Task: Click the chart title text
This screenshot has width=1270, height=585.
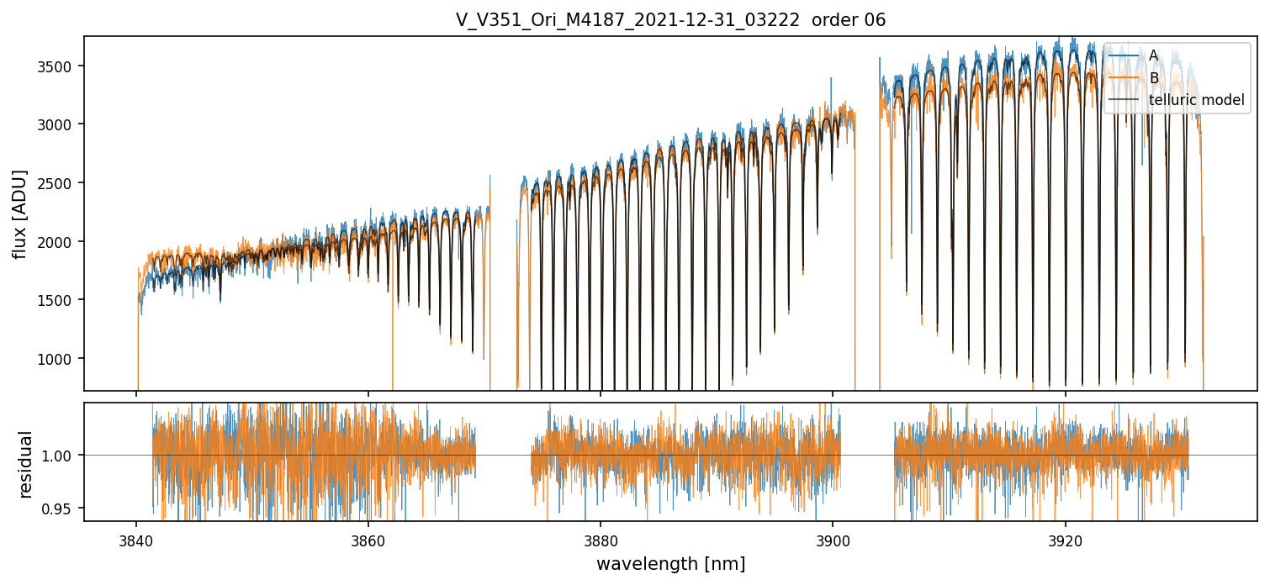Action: [670, 20]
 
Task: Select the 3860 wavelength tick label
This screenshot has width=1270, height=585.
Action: [368, 539]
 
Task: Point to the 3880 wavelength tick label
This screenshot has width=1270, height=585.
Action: [601, 539]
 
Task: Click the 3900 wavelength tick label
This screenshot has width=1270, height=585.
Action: [833, 539]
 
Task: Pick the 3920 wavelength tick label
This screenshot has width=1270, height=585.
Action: [1065, 539]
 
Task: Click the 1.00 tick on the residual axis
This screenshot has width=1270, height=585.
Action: [63, 456]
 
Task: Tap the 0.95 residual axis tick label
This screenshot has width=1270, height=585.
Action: [63, 509]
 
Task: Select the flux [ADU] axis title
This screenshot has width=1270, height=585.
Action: [19, 213]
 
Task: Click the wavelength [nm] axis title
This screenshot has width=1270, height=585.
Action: [670, 564]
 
